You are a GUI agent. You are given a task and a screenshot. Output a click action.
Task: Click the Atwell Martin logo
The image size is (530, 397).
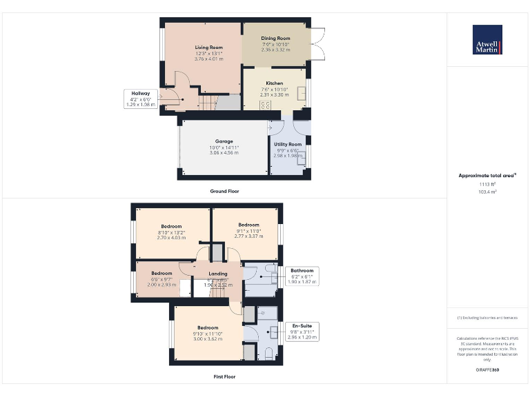487,40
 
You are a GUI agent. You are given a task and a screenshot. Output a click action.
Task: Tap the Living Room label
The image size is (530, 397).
208,48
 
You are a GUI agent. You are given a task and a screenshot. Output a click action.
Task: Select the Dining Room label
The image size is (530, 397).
275,39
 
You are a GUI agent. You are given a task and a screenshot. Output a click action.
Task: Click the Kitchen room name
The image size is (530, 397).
274,83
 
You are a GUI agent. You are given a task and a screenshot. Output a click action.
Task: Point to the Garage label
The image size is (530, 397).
224,141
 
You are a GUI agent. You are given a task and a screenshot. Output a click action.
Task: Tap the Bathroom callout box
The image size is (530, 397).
302,276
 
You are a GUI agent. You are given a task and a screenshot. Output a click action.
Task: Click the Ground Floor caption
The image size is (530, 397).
224,191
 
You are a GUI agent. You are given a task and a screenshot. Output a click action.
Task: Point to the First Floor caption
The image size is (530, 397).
224,377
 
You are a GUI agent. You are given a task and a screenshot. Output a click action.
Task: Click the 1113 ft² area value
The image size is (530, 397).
487,185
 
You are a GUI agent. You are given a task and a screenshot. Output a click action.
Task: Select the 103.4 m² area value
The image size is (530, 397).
487,192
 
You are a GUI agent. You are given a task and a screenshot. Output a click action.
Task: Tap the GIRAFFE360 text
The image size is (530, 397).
487,370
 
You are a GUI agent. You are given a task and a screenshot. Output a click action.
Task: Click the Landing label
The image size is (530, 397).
218,274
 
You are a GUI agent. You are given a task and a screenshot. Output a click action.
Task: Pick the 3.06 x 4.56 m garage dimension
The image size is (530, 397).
224,152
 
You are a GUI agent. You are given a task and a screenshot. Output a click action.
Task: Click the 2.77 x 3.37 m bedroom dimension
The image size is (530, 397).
248,236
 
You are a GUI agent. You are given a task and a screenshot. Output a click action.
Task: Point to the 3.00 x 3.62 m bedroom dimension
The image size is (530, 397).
208,339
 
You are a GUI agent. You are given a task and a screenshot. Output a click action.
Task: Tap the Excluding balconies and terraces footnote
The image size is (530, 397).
487,318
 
